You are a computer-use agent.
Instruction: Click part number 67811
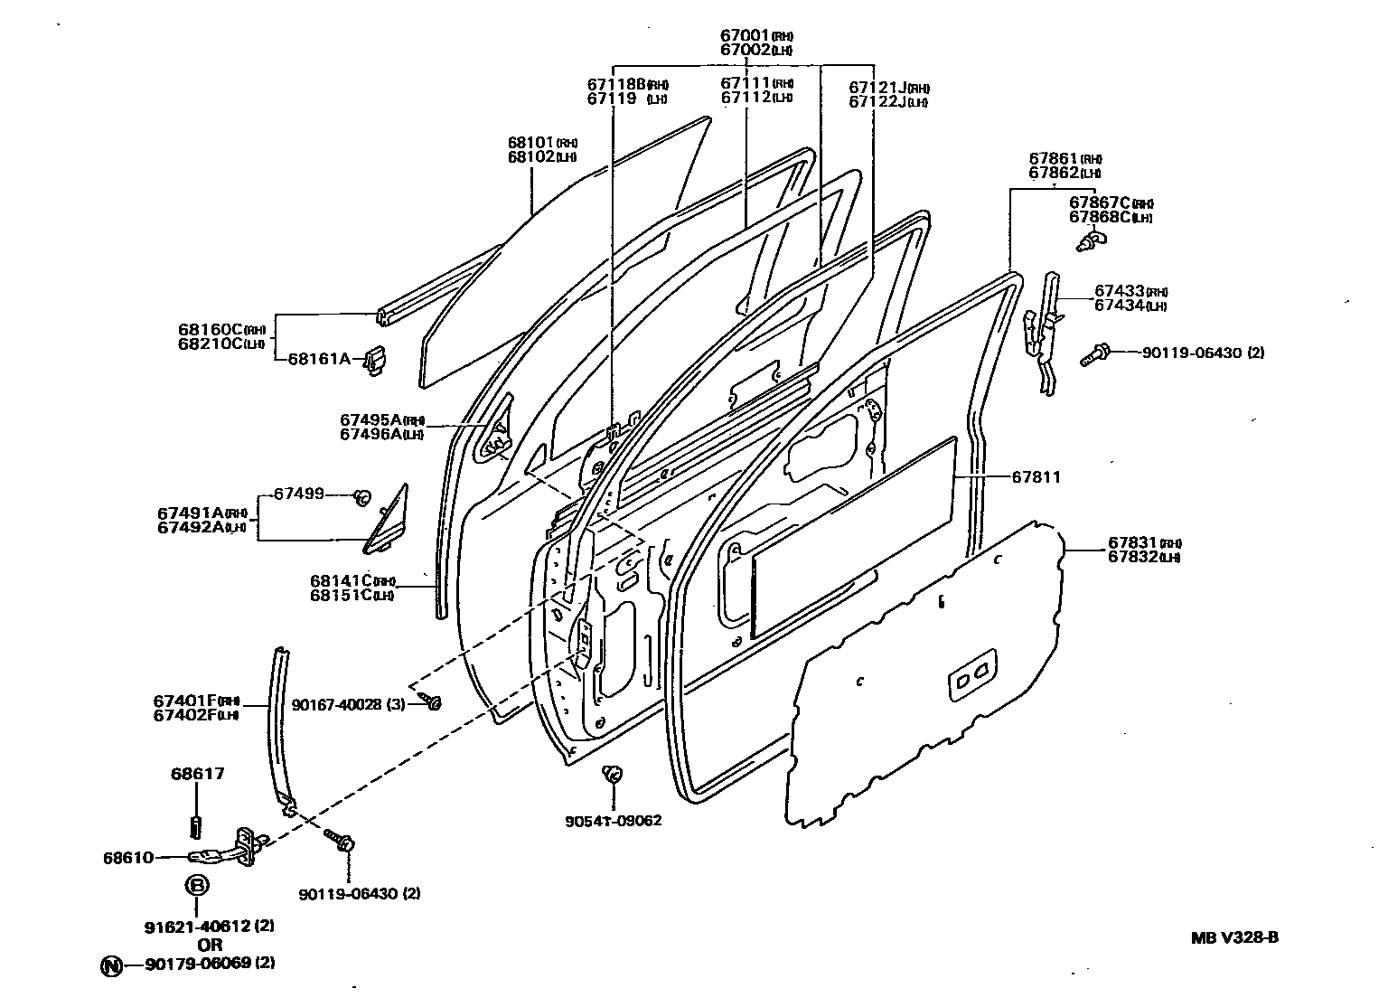point(1036,476)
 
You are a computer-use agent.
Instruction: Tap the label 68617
point(197,774)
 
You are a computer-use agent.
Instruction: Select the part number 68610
point(127,857)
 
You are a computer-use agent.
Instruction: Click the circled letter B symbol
point(197,886)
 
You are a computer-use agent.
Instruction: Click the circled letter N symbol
point(110,965)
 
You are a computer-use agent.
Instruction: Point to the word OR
point(210,945)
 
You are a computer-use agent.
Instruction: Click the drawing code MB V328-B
point(1233,936)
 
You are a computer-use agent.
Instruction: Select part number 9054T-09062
point(614,821)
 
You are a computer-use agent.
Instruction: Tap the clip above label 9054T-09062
point(613,774)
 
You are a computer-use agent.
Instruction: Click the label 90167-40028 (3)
point(348,703)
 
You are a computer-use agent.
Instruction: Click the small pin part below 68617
point(196,826)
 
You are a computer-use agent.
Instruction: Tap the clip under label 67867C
point(1093,240)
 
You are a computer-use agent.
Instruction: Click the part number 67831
point(1133,543)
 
